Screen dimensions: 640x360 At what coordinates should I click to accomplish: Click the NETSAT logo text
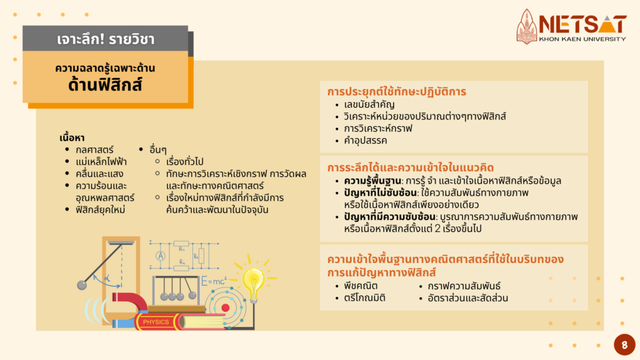tap(582, 24)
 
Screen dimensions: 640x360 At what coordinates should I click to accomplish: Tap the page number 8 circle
tap(624, 345)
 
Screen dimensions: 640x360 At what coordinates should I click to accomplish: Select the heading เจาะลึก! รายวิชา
tap(106, 39)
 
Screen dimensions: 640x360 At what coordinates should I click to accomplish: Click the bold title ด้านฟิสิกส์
tap(105, 84)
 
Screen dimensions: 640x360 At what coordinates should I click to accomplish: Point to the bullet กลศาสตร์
tap(94, 150)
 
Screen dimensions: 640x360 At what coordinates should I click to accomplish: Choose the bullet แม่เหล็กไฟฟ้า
tap(101, 162)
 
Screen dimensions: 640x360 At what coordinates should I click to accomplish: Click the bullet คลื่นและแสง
tap(99, 174)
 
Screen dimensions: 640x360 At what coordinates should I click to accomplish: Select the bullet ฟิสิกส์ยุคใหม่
tap(100, 210)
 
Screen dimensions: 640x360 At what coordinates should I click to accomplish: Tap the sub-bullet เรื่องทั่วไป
tap(184, 162)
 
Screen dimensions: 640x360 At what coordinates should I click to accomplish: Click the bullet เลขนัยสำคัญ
tap(369, 104)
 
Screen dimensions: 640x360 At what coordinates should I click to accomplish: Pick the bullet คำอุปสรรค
tap(365, 141)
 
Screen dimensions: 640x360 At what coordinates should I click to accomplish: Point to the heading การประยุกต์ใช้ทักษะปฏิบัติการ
tap(396, 91)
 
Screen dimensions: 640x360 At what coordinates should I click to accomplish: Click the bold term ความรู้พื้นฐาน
tap(372, 181)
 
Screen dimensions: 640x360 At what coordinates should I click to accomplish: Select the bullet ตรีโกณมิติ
tap(364, 298)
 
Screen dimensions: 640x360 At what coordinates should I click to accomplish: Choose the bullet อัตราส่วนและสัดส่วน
tap(467, 298)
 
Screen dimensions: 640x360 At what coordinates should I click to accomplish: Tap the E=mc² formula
tap(214, 281)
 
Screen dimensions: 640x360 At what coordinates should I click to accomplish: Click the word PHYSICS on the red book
tap(156, 322)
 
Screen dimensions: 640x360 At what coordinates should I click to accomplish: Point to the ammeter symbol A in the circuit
tap(161, 256)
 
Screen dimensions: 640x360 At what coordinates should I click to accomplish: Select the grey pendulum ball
tap(82, 285)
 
